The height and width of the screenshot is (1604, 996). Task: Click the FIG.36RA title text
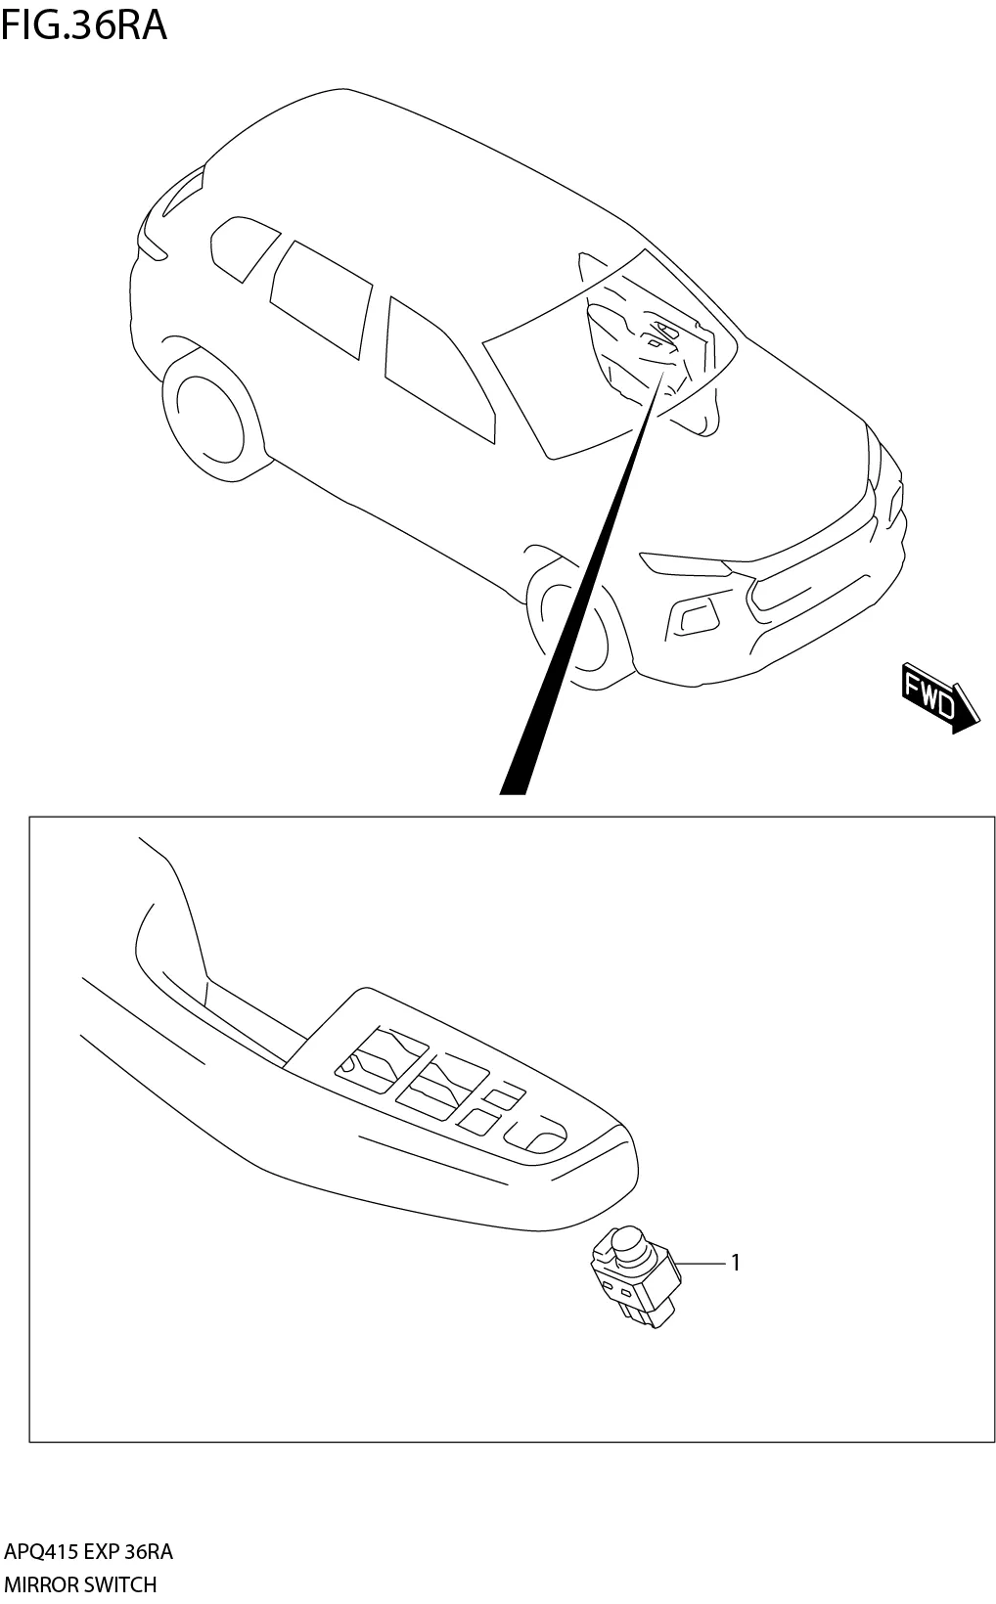tap(84, 25)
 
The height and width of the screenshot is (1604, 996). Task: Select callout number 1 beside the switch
tap(736, 1263)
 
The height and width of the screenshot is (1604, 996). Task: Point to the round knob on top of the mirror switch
tap(627, 1248)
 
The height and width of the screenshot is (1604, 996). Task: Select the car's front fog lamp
tap(694, 616)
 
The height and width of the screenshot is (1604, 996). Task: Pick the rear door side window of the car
tap(320, 297)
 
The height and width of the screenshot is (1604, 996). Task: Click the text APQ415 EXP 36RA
tap(88, 1552)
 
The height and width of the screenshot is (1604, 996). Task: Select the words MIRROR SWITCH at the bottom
tap(80, 1583)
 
